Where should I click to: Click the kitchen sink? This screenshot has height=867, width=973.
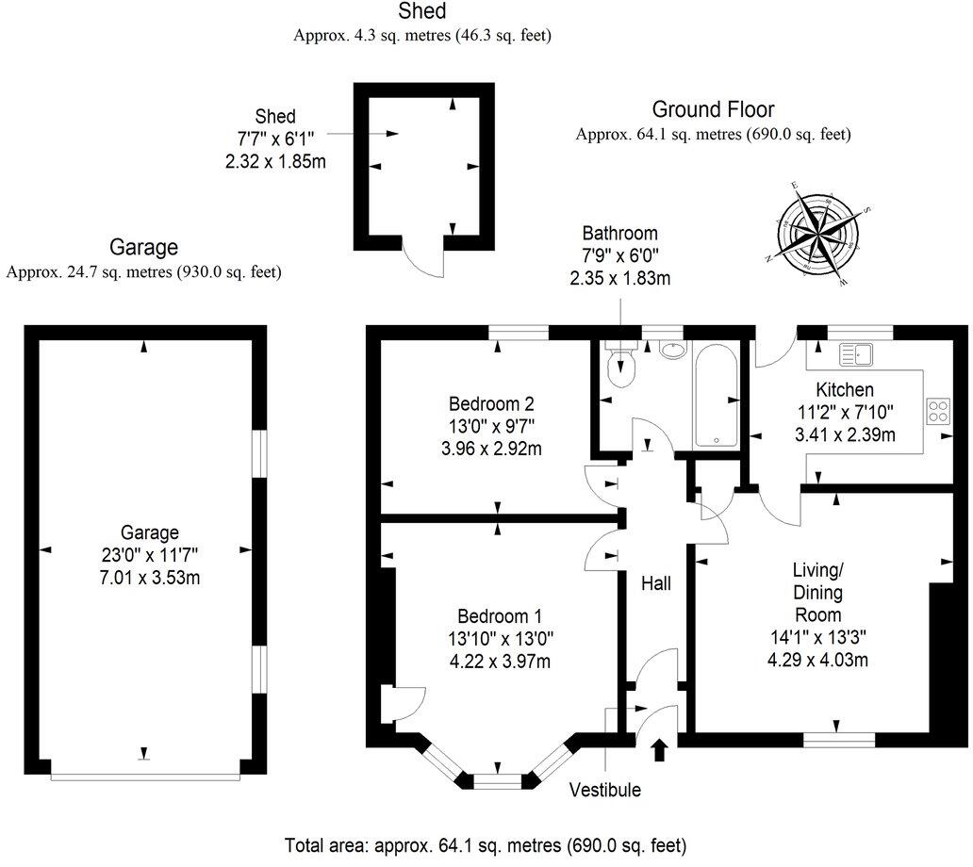pyautogui.click(x=856, y=354)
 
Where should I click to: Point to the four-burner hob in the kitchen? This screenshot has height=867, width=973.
pyautogui.click(x=939, y=411)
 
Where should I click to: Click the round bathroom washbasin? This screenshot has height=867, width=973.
pyautogui.click(x=673, y=351)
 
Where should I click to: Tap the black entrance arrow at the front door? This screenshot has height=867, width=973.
pyautogui.click(x=659, y=749)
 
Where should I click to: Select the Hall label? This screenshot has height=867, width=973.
pyautogui.click(x=655, y=584)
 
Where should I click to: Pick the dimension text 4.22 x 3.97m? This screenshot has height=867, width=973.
pyautogui.click(x=501, y=661)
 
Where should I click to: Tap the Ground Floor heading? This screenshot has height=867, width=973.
pyautogui.click(x=713, y=110)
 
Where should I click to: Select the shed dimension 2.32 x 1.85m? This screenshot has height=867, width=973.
pyautogui.click(x=275, y=160)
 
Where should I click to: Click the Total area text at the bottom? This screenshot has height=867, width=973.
pyautogui.click(x=486, y=843)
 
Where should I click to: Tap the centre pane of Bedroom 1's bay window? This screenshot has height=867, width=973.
pyautogui.click(x=497, y=780)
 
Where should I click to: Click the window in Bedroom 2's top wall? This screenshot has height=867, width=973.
pyautogui.click(x=519, y=330)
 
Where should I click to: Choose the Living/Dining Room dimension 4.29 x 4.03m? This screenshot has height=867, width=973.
pyautogui.click(x=817, y=660)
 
